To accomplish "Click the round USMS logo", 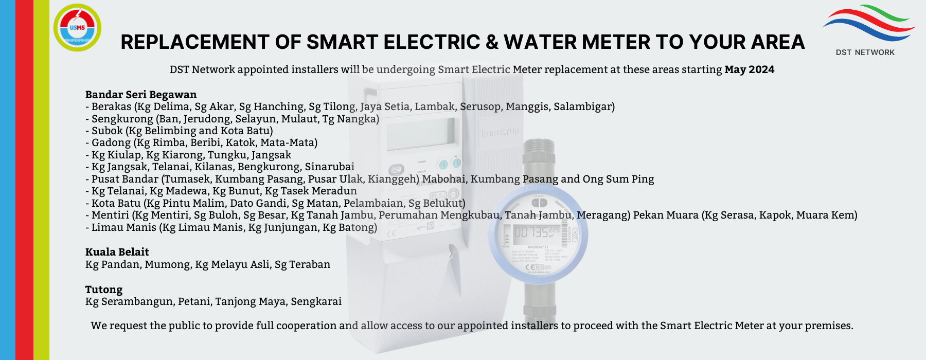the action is [77, 27].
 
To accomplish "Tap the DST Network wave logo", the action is [868, 23].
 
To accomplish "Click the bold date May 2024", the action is [750, 69].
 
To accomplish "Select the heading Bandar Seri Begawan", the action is [141, 95].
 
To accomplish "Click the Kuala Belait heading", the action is [117, 252].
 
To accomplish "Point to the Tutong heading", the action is [104, 290].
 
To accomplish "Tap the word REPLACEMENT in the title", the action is [195, 42].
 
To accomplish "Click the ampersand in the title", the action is [492, 42].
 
